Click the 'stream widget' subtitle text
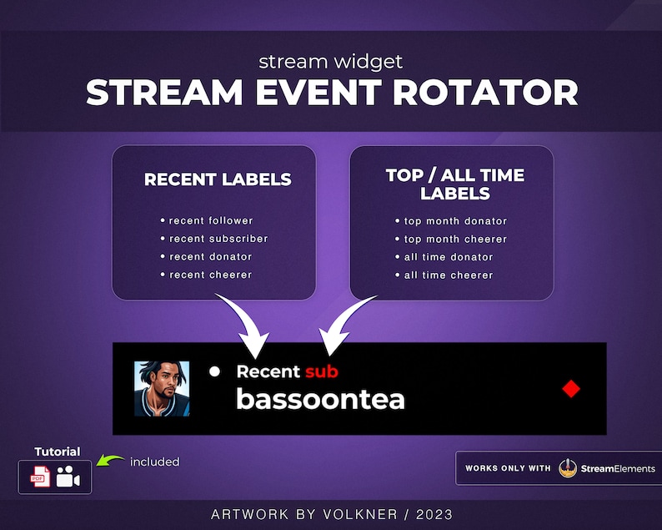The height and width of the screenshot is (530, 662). pyautogui.click(x=331, y=61)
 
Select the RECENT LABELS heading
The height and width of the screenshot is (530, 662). pyautogui.click(x=218, y=179)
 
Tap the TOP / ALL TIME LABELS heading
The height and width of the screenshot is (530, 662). pyautogui.click(x=454, y=184)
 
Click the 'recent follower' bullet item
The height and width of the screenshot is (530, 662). pyautogui.click(x=210, y=220)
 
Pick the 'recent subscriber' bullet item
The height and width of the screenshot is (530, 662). pyautogui.click(x=218, y=239)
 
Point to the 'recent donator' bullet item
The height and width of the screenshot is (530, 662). pyautogui.click(x=210, y=256)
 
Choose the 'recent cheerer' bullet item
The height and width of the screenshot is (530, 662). pyautogui.click(x=210, y=275)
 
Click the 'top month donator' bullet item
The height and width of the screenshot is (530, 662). pyautogui.click(x=455, y=221)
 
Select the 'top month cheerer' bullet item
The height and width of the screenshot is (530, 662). pyautogui.click(x=455, y=239)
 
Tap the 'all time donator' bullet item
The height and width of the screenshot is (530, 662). pyautogui.click(x=449, y=257)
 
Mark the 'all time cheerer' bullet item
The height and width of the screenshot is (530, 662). pyautogui.click(x=449, y=275)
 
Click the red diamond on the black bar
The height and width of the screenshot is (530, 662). pyautogui.click(x=570, y=388)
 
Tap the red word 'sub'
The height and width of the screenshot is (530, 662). pyautogui.click(x=321, y=371)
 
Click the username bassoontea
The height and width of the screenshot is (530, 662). pyautogui.click(x=320, y=399)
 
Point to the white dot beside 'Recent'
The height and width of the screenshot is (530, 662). pyautogui.click(x=214, y=371)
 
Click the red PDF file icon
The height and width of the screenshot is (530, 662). pyautogui.click(x=40, y=478)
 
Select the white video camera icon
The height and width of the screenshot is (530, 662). pyautogui.click(x=68, y=478)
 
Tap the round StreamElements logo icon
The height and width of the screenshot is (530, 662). pyautogui.click(x=568, y=468)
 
